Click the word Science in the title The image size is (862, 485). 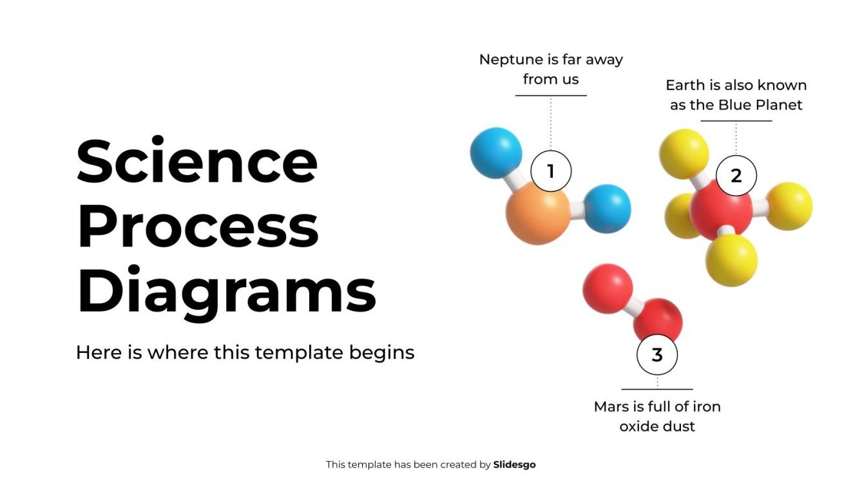pos(197,161)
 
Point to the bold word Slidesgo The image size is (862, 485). pos(514,464)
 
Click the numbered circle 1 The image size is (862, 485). pos(550,171)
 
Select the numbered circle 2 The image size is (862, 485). pos(736,175)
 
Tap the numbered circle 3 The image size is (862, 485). pos(656,355)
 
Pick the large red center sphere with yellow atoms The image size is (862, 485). pos(720,210)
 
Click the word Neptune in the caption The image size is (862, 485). pos(511,60)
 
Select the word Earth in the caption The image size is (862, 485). pos(685,85)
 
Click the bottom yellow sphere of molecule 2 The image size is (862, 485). pos(731,260)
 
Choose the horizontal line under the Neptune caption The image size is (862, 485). pos(551,96)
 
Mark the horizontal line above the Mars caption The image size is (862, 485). pos(656,389)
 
